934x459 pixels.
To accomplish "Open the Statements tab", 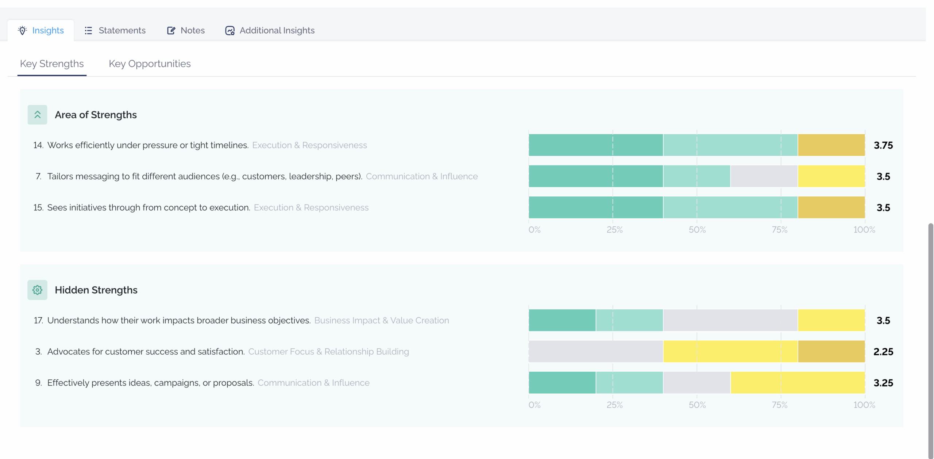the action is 115,30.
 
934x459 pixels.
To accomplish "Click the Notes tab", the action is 186,30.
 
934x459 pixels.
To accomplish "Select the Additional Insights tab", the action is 270,30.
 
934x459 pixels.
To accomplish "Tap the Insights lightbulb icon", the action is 22,30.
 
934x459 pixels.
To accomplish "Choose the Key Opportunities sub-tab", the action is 150,64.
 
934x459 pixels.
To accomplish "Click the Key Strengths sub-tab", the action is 52,64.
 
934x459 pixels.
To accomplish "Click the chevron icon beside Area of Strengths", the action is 37,115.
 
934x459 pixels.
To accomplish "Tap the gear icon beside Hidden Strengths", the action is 37,290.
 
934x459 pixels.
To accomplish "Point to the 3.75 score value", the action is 883,145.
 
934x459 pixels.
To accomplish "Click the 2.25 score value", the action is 883,352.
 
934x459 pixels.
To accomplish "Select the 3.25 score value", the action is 883,383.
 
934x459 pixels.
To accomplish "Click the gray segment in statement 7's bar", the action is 764,176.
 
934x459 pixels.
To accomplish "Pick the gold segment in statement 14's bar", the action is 831,145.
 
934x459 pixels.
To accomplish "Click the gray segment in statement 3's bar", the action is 596,351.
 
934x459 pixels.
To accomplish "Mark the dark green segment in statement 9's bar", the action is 562,382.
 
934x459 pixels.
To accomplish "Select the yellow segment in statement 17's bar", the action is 831,320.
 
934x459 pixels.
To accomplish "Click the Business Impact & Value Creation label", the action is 382,320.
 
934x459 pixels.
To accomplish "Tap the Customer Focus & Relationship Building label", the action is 329,351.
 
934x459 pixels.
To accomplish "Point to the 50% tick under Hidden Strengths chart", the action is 697,405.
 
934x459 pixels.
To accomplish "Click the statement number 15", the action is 38,207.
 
